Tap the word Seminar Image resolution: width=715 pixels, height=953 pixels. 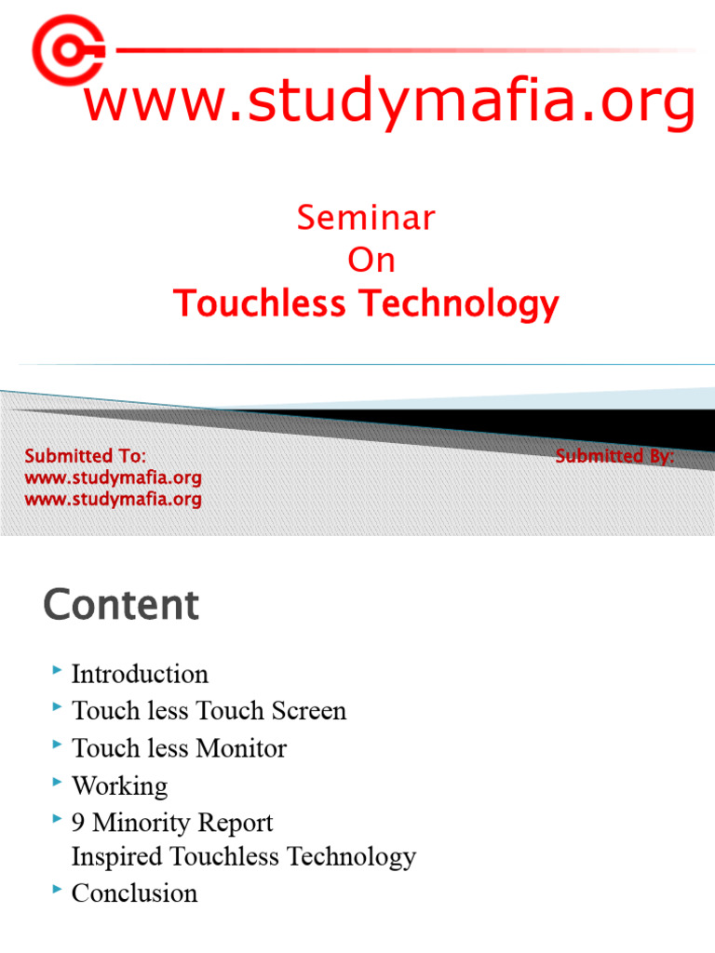[x=366, y=218]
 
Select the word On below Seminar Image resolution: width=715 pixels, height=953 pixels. [x=371, y=261]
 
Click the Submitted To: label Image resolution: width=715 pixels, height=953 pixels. [x=85, y=456]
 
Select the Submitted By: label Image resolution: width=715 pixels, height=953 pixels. [x=614, y=456]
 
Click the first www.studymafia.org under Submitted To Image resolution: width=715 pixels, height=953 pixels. [x=113, y=478]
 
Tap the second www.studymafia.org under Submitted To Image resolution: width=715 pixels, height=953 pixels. [x=113, y=500]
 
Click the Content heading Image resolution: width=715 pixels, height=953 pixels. [x=121, y=605]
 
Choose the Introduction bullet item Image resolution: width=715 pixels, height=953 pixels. [x=140, y=674]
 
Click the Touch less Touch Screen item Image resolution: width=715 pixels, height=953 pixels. [x=209, y=711]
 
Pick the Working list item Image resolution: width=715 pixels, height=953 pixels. [x=119, y=785]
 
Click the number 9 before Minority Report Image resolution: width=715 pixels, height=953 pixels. [x=78, y=823]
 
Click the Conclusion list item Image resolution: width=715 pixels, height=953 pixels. [x=134, y=893]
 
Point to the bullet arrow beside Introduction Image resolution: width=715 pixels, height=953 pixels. [x=58, y=670]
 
